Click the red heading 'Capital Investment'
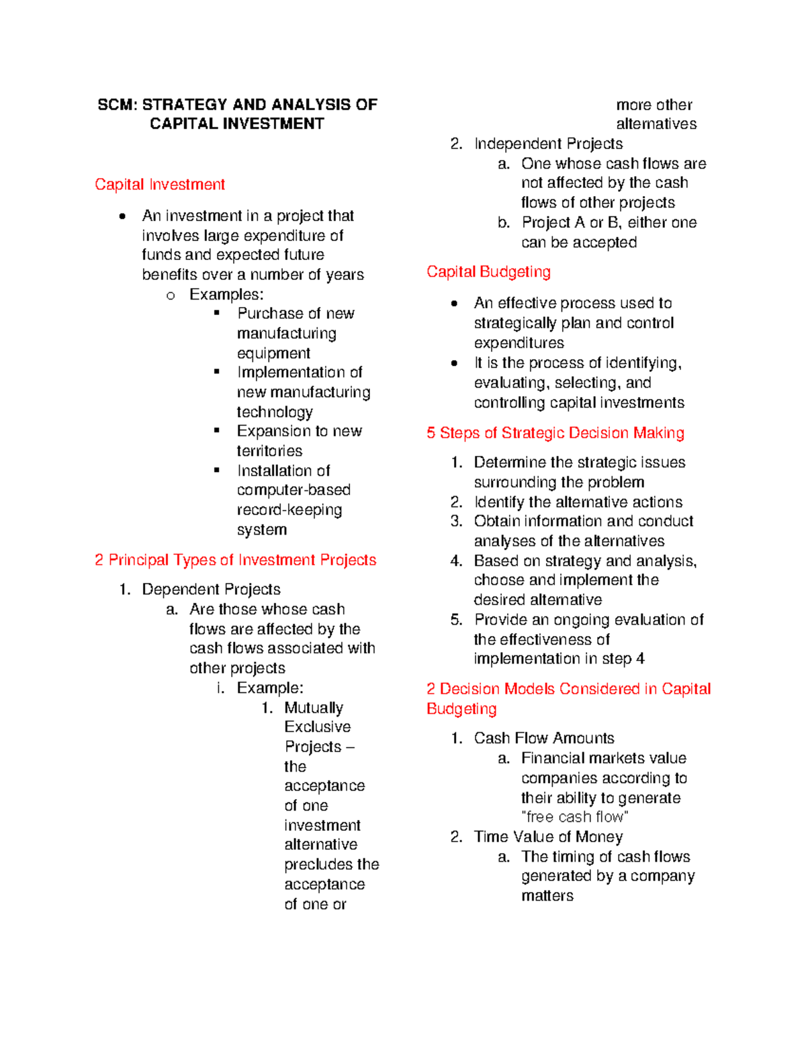(x=159, y=185)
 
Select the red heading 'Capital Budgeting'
(x=488, y=272)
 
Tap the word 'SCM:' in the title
(x=117, y=105)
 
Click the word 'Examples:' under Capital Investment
(x=226, y=294)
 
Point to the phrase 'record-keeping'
(x=289, y=510)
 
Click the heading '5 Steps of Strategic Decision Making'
(x=555, y=433)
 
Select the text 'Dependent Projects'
(x=211, y=590)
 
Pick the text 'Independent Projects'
(x=548, y=144)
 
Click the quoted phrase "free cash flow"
(x=575, y=817)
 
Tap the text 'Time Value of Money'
(x=548, y=837)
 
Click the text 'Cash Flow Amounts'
(x=544, y=738)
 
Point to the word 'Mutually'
(x=314, y=708)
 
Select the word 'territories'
(x=269, y=451)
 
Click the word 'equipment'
(x=273, y=353)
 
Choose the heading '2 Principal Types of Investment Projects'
(x=235, y=560)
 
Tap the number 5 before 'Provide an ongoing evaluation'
(x=456, y=620)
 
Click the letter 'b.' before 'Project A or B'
(x=504, y=223)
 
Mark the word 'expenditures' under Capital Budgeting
(x=519, y=343)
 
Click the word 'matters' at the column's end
(x=547, y=896)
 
